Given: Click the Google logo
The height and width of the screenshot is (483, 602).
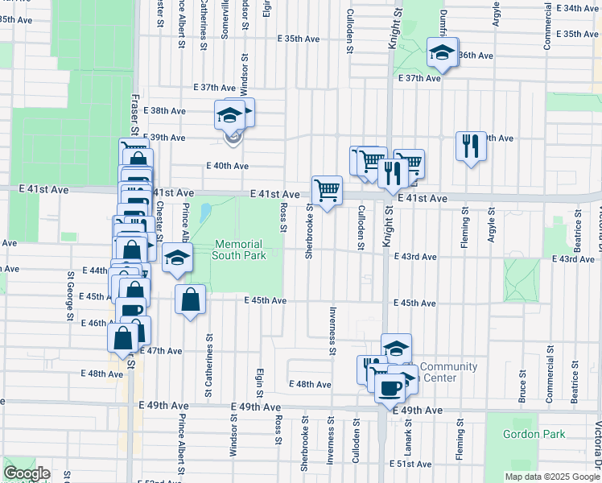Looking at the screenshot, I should [27, 473].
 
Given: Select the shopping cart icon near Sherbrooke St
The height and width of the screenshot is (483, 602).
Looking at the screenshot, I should [327, 191].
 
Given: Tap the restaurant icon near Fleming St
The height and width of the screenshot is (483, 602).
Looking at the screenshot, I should [471, 146].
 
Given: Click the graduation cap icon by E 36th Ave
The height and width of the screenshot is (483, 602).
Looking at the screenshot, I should [441, 53].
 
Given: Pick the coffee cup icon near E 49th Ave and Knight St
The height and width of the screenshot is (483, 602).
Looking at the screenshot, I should [391, 389].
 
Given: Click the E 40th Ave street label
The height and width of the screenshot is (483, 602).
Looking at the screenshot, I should [227, 166].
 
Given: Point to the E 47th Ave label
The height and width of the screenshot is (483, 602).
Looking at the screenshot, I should [161, 351].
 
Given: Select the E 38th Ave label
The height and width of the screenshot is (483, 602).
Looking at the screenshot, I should [167, 111].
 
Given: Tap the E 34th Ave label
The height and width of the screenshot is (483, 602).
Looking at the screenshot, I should [577, 8].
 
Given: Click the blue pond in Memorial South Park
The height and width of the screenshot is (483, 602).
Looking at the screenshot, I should [204, 213].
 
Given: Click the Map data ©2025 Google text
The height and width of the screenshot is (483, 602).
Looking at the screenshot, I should [551, 477].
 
